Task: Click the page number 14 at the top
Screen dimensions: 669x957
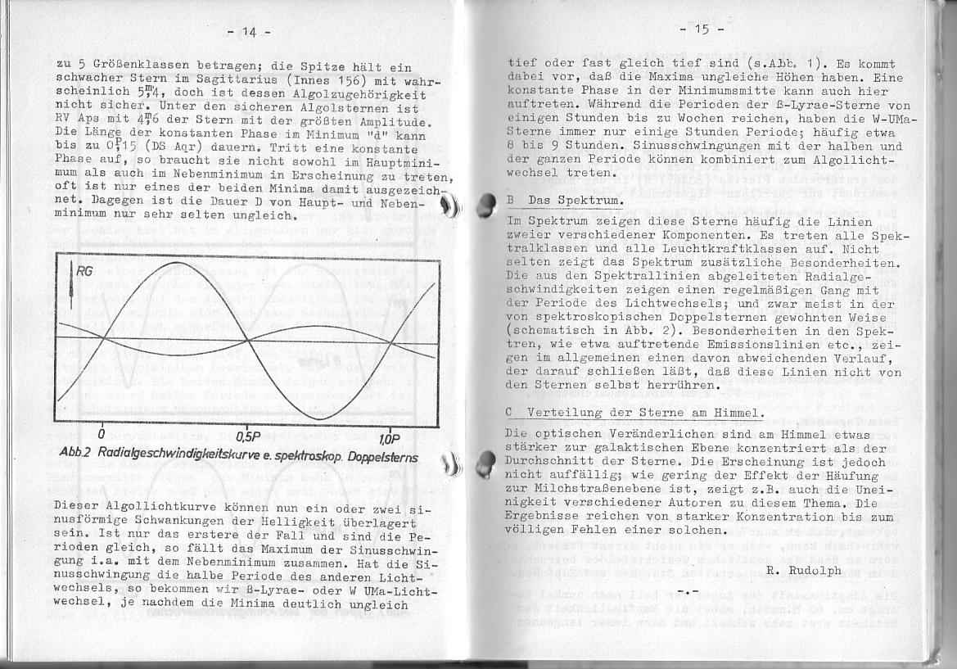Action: coord(249,33)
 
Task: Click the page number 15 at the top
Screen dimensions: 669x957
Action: coord(702,30)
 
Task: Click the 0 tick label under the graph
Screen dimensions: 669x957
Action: coord(102,434)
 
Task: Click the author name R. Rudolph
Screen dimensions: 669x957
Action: coord(803,571)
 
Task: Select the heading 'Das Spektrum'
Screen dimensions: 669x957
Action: coord(576,201)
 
